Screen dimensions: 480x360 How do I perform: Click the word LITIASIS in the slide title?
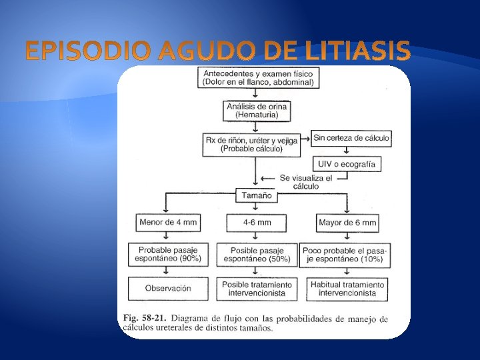[360, 50]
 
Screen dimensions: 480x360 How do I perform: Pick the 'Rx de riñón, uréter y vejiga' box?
[253, 145]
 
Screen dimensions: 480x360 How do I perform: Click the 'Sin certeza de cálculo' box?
[351, 139]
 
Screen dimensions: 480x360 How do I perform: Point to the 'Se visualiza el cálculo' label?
[306, 182]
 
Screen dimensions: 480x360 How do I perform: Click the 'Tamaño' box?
[256, 196]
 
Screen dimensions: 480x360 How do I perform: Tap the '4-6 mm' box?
[256, 222]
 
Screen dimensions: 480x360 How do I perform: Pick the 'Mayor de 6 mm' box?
[347, 222]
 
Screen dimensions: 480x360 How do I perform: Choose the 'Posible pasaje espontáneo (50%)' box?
[256, 254]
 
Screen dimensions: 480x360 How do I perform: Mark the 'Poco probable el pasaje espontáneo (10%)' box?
[345, 254]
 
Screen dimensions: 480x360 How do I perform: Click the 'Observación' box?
[167, 289]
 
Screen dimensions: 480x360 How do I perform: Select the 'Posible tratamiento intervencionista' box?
[256, 289]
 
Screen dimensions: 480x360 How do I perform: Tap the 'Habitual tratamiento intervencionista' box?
[347, 289]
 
